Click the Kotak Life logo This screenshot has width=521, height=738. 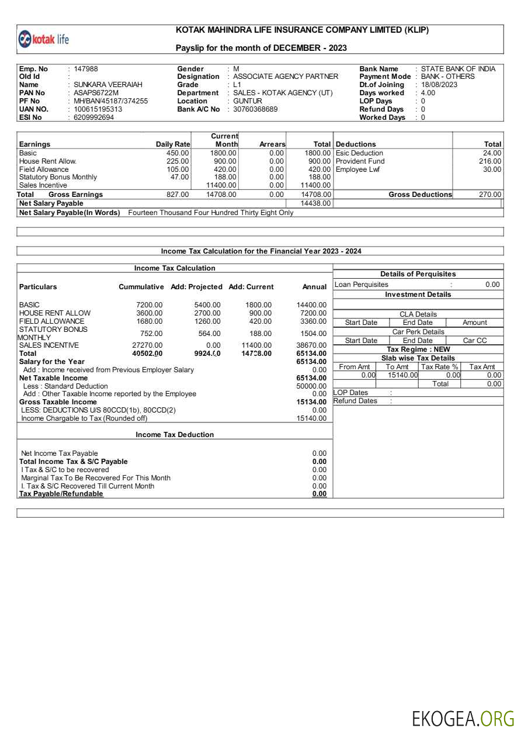coord(44,39)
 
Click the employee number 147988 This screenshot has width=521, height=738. coord(86,69)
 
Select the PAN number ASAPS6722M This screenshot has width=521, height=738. coord(96,93)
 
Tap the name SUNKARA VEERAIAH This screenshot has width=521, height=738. coord(107,85)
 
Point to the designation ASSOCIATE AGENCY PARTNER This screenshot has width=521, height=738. coord(285,77)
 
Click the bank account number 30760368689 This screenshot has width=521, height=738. coord(255,109)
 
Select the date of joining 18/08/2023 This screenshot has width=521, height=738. coord(439,85)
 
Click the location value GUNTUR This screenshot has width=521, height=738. coord(248,101)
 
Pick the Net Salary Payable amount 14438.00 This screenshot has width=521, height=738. coord(315,203)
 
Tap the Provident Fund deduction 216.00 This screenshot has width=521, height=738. coord(490,161)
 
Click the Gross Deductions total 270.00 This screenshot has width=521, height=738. coord(490,195)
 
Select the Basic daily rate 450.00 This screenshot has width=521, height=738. coord(177,153)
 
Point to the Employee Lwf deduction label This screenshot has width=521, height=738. coord(357,169)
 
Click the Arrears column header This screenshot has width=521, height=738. coord(272,144)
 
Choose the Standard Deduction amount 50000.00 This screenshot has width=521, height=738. coord(311,386)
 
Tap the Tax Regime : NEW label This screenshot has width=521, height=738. coord(418,349)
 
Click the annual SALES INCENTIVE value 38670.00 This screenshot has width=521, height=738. coord(311,345)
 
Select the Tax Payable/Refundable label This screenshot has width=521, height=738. coord(61,494)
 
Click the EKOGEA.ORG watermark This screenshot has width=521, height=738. coord(463,718)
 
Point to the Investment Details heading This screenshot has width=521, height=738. coord(418,294)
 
